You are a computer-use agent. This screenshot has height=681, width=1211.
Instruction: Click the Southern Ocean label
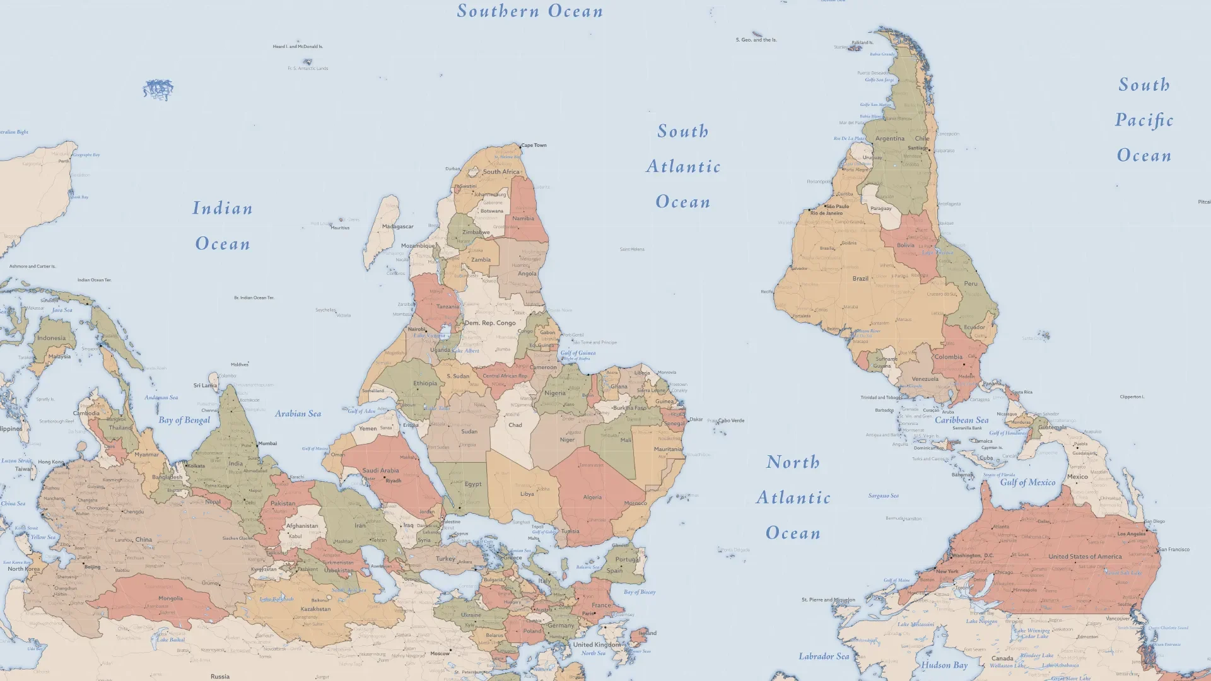click(530, 11)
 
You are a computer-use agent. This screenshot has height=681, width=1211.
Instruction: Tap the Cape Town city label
click(534, 146)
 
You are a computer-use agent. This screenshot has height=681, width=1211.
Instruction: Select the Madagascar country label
click(397, 226)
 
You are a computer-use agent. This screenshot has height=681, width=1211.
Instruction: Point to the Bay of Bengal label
click(184, 420)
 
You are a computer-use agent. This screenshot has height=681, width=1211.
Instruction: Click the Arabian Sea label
click(298, 414)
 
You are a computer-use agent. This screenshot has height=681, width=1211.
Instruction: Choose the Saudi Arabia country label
click(380, 470)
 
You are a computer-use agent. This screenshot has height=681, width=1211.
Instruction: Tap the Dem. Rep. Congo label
click(490, 323)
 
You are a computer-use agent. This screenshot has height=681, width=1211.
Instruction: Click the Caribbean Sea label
click(961, 420)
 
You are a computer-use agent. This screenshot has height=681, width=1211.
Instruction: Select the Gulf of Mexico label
click(1027, 482)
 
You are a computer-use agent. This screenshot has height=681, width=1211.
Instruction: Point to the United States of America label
click(1085, 557)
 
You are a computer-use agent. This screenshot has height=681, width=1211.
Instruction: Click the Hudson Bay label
click(944, 665)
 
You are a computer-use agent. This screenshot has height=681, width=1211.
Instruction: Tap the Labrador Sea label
click(824, 656)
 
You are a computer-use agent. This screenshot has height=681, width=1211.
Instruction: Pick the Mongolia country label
click(170, 598)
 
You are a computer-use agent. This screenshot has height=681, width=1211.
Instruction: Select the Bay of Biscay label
click(640, 592)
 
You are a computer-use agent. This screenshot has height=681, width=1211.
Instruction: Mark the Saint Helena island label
click(632, 250)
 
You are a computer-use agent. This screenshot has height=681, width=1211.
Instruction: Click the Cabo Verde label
click(731, 421)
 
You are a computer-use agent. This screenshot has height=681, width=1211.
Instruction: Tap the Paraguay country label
click(880, 209)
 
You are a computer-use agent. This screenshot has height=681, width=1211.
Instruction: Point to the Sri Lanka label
click(205, 385)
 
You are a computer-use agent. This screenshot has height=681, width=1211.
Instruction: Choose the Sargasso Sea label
click(883, 496)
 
